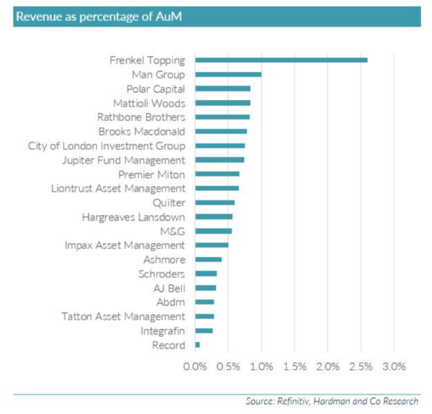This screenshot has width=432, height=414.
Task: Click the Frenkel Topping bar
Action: (x=281, y=60)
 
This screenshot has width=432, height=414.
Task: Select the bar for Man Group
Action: (x=228, y=74)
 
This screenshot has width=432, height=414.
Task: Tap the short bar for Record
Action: (x=198, y=345)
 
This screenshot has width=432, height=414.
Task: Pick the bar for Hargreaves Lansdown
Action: (x=214, y=217)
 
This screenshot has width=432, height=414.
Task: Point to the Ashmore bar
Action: (x=209, y=259)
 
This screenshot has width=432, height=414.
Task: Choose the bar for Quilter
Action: (x=215, y=202)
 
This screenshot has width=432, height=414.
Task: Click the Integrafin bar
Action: (x=204, y=330)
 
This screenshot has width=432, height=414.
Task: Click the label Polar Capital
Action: (x=156, y=89)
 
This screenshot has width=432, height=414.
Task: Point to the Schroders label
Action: (x=161, y=274)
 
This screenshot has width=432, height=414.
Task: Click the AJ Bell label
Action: (x=166, y=288)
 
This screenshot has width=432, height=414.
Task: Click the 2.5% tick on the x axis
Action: (x=361, y=366)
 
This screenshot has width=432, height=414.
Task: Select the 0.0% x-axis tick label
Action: (x=195, y=366)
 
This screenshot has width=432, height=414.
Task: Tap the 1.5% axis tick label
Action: (x=294, y=366)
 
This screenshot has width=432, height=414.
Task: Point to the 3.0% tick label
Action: (x=394, y=366)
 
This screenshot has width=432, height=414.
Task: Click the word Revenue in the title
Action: (x=41, y=17)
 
